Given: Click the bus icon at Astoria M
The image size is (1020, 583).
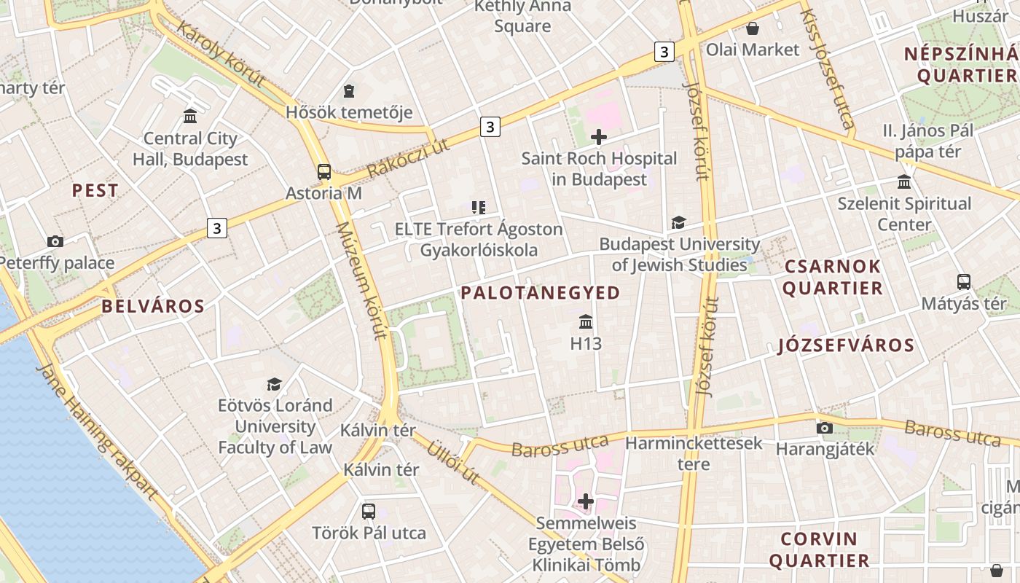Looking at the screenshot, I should point(324,172).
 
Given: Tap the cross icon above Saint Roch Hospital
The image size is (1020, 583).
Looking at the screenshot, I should point(599,137).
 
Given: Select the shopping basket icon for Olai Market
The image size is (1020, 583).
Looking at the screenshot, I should point(752,28).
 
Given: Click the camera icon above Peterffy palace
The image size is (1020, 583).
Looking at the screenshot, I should point(55,241).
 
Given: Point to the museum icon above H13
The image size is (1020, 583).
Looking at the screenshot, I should point(586,321).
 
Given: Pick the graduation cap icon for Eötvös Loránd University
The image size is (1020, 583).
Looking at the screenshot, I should point(275,384).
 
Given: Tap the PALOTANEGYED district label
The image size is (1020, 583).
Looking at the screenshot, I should point(540,293).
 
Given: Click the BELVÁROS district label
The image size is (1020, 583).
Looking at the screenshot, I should point(153,306).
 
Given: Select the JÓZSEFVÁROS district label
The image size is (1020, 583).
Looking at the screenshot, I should point(846,345).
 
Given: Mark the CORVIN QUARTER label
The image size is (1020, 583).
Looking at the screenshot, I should point(819,549).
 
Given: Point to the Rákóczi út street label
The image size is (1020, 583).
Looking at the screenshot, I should point(406,160).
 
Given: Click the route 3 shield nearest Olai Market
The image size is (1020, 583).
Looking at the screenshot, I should point(664,52).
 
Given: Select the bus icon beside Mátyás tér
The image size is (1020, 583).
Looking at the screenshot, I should point(963,282).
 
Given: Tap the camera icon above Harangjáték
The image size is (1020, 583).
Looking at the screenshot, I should point(825,428).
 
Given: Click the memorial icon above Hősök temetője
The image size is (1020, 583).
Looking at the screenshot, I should point(349,91).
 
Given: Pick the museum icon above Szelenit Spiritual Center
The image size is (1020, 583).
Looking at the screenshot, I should point(904,181).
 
